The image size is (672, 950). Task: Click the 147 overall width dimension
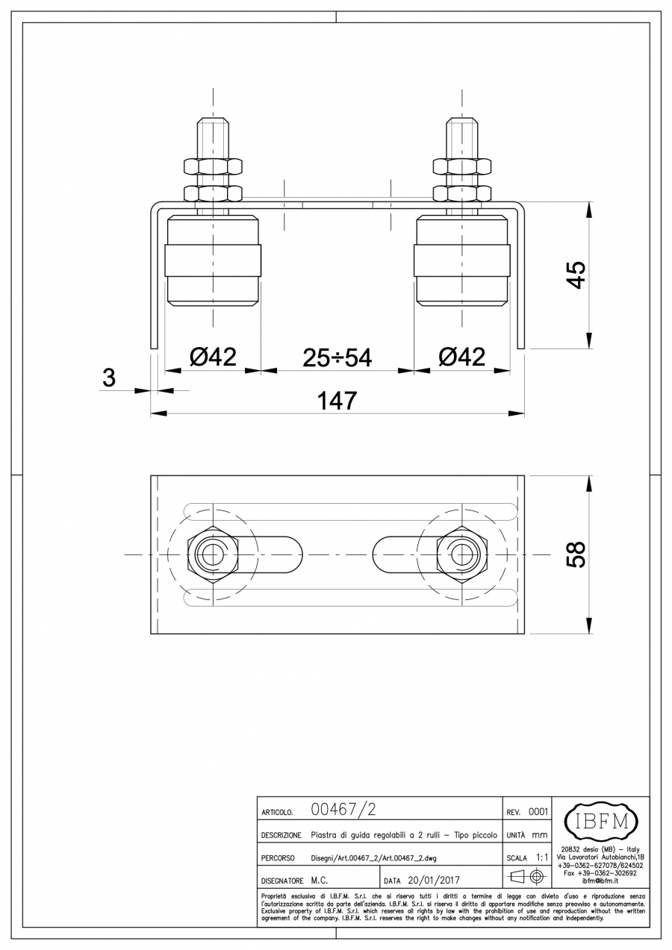tap(337, 401)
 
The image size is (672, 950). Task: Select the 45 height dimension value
tap(577, 275)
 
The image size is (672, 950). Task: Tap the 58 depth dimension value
tap(577, 554)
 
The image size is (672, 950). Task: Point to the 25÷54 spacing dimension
tap(337, 357)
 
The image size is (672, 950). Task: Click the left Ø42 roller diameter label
tap(213, 357)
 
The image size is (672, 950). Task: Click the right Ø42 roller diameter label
tap(461, 357)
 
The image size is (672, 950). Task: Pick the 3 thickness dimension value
tap(109, 377)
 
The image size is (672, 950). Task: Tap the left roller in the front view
tap(213, 260)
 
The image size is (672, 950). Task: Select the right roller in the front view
tap(461, 260)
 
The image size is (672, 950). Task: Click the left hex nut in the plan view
tap(213, 554)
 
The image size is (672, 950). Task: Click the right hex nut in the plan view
tap(462, 554)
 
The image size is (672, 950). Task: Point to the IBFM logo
tap(602, 822)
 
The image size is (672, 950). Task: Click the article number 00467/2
tap(343, 810)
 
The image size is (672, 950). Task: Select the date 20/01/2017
tap(434, 881)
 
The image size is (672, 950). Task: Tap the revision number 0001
tap(538, 812)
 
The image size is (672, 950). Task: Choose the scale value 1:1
tap(542, 857)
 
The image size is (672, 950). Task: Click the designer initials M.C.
tap(320, 881)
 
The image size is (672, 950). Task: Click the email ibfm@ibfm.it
tap(600, 881)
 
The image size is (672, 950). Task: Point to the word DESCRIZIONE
tap(281, 836)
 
